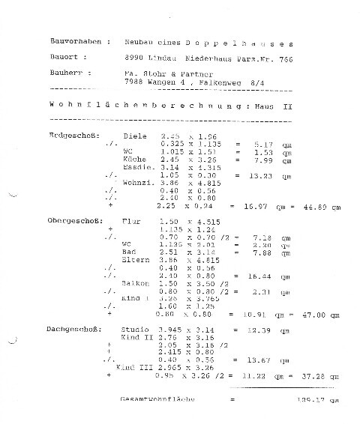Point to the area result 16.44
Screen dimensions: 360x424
(248, 276)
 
